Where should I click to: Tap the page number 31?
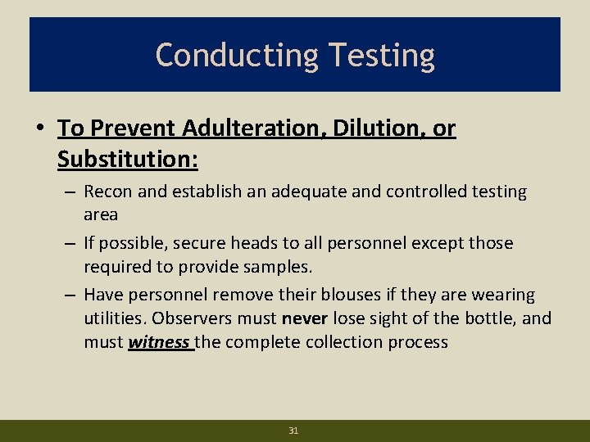(x=293, y=430)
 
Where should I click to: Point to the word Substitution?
(x=127, y=159)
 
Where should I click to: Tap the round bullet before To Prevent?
(x=40, y=129)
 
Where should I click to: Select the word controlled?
(x=427, y=192)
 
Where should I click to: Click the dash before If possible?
(x=70, y=243)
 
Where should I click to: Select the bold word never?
(x=305, y=318)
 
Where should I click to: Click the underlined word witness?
(x=159, y=341)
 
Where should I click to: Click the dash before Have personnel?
(x=70, y=294)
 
